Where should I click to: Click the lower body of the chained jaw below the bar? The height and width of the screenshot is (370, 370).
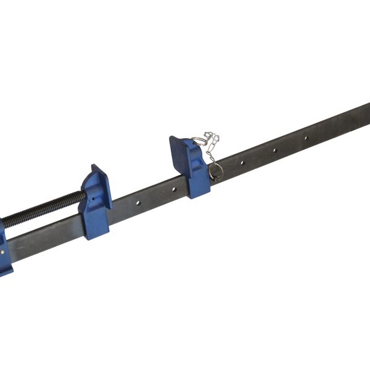coord(199,187)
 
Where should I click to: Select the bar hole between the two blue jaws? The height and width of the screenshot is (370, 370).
coord(138,202)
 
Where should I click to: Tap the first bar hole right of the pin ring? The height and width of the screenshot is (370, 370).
coord(242,163)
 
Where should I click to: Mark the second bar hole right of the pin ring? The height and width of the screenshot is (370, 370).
coord(274,150)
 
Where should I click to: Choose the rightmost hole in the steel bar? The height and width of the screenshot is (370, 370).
coord(305,138)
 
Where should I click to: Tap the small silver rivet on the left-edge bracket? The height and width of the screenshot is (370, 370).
coord(5,251)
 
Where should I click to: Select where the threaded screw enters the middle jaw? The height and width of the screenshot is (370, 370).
coord(82,196)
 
